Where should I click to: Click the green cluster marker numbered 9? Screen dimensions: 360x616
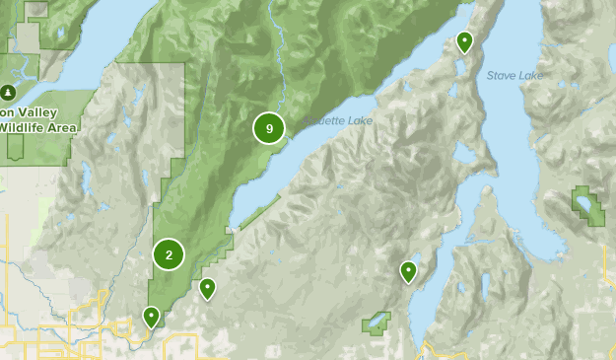tap(268, 128)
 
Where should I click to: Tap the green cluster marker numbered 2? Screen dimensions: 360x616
tap(169, 254)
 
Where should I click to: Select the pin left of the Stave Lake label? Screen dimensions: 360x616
tap(464, 41)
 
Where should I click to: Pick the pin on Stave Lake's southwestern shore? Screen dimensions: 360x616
tap(408, 270)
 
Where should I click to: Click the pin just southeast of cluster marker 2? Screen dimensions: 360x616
tap(207, 288)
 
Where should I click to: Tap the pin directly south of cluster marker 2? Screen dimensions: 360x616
tap(151, 316)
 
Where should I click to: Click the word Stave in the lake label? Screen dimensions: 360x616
tap(501, 75)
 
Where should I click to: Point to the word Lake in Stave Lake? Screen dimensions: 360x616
tap(529, 75)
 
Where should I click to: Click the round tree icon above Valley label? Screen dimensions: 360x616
tap(8, 93)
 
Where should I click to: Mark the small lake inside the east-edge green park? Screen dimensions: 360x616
tap(588, 205)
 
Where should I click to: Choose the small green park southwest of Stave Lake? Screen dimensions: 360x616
tap(376, 323)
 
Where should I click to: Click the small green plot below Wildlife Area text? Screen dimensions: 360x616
tap(16, 146)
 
